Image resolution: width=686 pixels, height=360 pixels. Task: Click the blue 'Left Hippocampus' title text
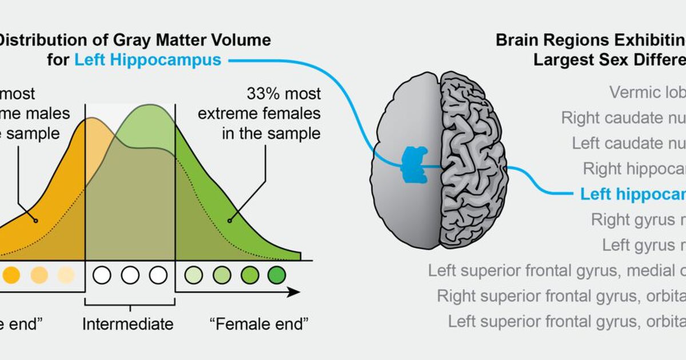[x=147, y=60]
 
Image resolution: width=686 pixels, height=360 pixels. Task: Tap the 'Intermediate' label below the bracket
[x=127, y=325]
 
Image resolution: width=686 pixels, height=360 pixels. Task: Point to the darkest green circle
[x=276, y=275]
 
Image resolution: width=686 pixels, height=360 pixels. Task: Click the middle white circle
[x=130, y=275]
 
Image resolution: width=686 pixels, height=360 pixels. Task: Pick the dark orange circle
[x=11, y=275]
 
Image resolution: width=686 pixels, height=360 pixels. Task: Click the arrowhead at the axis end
[x=294, y=292]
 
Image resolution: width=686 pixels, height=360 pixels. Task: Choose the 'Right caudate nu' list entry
[x=623, y=118]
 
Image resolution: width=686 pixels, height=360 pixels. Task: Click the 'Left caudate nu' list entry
[x=629, y=143]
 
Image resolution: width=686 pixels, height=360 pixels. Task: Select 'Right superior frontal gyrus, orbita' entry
[x=561, y=295]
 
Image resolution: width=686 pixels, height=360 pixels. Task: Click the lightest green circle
[x=193, y=275]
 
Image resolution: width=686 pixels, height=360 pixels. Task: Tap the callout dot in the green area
[x=230, y=220]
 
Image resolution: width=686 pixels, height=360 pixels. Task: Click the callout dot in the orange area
[x=36, y=220]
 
